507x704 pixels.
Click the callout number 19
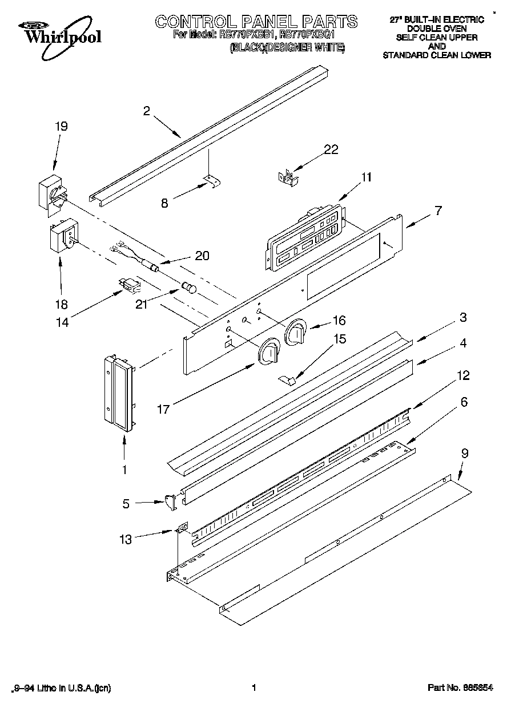61,126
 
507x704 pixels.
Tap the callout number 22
331,149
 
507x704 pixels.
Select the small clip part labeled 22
288,177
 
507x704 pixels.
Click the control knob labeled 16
296,333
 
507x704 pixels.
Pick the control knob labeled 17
268,353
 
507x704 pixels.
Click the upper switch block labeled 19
51,194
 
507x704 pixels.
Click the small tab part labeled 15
289,378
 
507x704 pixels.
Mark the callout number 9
465,454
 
